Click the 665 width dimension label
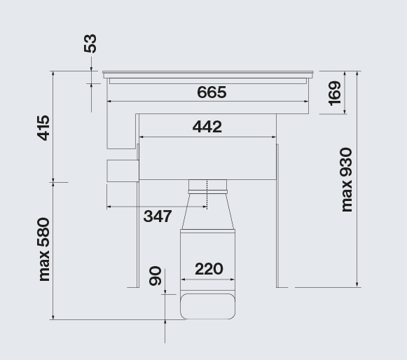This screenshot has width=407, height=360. pos(212,92)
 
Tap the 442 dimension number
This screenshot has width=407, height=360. pos(207,127)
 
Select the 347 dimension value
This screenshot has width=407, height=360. pos(158,216)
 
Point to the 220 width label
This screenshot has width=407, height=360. pos(209,269)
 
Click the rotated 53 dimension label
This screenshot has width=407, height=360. pos(90,43)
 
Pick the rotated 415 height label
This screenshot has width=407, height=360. pos(43,128)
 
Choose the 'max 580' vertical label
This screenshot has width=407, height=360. pos(43,249)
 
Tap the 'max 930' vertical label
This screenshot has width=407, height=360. pos(347,179)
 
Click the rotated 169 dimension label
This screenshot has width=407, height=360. pos(335,93)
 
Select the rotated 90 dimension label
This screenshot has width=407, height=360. pos(156,276)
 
